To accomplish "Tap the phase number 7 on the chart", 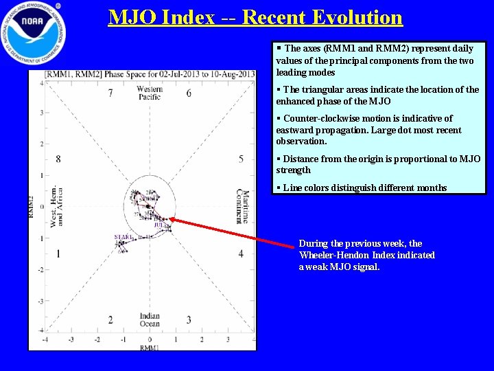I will [110, 93].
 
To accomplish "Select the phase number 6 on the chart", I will [189, 93].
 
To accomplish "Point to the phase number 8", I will [58, 159].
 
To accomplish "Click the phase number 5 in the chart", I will [241, 159].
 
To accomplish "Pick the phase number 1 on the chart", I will [58, 254].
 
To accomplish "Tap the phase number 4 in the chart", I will [241, 254].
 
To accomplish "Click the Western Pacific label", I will [150, 93].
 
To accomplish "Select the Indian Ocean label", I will [150, 319].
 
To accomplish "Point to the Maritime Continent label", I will [242, 206].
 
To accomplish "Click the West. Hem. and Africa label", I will [57, 207].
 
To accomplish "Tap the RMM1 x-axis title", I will [150, 348].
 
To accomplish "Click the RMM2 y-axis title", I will [31, 207].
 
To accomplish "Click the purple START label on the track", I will [124, 237].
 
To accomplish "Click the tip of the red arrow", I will [169, 218].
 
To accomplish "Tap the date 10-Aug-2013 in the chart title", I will [229, 74].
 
